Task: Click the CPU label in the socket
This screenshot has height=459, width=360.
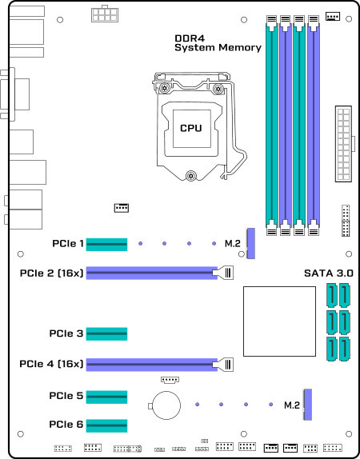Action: pyautogui.click(x=191, y=128)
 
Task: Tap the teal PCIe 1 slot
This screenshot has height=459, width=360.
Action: pyautogui.click(x=106, y=245)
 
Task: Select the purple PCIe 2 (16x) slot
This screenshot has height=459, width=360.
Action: pyautogui.click(x=152, y=273)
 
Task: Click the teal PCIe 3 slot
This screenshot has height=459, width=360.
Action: pyautogui.click(x=106, y=333)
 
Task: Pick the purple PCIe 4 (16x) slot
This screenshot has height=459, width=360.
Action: pyautogui.click(x=152, y=365)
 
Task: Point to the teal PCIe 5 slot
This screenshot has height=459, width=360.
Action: pyautogui.click(x=106, y=397)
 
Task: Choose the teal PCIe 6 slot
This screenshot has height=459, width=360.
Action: pyautogui.click(x=106, y=425)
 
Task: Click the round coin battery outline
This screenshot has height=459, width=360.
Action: pyautogui.click(x=167, y=392)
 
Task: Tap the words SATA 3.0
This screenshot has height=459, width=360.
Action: pyautogui.click(x=328, y=273)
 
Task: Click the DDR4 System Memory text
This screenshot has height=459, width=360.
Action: pyautogui.click(x=218, y=43)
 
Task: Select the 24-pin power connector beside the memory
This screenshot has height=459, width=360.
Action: pyautogui.click(x=343, y=144)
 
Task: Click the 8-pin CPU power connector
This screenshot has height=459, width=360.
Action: pyautogui.click(x=105, y=14)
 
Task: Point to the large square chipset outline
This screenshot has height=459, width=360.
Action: pyautogui.click(x=279, y=321)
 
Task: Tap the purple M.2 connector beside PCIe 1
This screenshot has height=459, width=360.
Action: pyautogui.click(x=250, y=243)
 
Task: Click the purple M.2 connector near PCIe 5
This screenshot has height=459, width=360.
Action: pyautogui.click(x=307, y=405)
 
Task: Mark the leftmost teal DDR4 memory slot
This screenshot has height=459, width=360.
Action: pyautogui.click(x=272, y=126)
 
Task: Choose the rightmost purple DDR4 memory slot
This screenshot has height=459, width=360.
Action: pyautogui.click(x=314, y=126)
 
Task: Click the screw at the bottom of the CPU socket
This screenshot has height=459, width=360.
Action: pyautogui.click(x=191, y=176)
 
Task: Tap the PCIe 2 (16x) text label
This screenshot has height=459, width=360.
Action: pyautogui.click(x=51, y=273)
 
